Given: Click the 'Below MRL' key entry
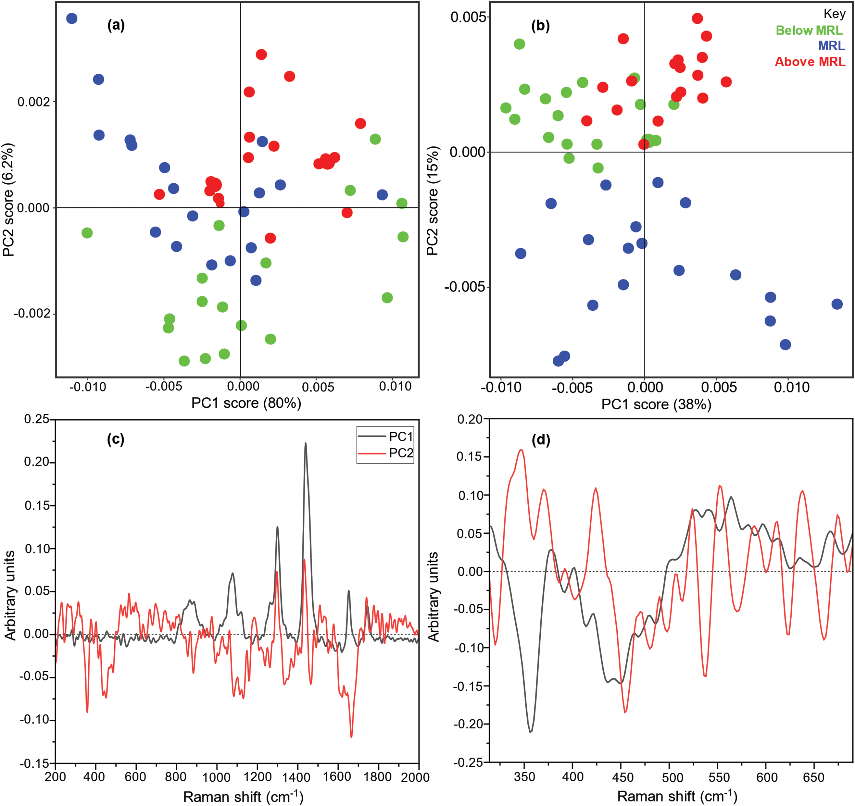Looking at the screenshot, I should pyautogui.click(x=809, y=31).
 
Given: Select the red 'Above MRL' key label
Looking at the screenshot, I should pyautogui.click(x=810, y=62).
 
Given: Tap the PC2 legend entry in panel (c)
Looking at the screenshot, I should pyautogui.click(x=400, y=453).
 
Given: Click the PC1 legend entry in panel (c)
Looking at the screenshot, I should pyautogui.click(x=400, y=437).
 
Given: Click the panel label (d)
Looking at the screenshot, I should pyautogui.click(x=541, y=440).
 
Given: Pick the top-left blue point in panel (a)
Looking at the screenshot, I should pyautogui.click(x=72, y=19).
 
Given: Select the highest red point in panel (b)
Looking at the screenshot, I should pyautogui.click(x=698, y=19).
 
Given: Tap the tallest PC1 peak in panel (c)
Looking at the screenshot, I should pyautogui.click(x=306, y=444).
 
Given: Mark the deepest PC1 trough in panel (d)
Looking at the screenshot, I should pyautogui.click(x=531, y=732).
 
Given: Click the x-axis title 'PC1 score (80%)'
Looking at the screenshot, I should pyautogui.click(x=246, y=403).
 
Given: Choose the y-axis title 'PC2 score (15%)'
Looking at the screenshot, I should pyautogui.click(x=432, y=201).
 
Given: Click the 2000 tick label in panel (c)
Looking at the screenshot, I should pyautogui.click(x=415, y=777).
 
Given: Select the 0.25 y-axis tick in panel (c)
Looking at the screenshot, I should pyautogui.click(x=37, y=419).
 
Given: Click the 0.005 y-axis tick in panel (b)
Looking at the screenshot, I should pyautogui.click(x=468, y=17).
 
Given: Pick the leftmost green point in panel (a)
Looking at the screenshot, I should pyautogui.click(x=87, y=233).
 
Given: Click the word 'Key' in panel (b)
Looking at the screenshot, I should pyautogui.click(x=834, y=14).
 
